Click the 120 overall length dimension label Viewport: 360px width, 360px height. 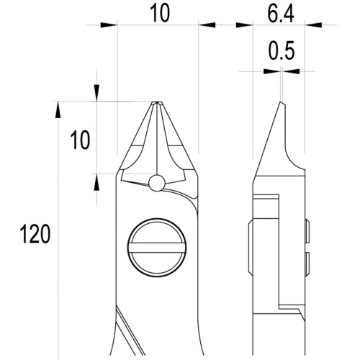pos(35,234)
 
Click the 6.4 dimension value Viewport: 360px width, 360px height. pos(281,14)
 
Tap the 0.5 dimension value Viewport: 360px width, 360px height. pos(282,50)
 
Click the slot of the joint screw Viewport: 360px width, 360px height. pos(157,248)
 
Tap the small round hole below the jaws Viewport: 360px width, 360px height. pos(157,184)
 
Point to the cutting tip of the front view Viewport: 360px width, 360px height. pos(157,103)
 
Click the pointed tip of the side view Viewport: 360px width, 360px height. pos(280,102)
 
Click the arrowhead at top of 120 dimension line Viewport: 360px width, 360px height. pos(58,109)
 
